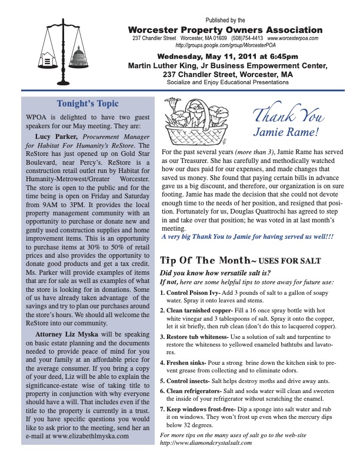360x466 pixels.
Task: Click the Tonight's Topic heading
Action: click(88, 104)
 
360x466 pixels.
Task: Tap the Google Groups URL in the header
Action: click(226, 45)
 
